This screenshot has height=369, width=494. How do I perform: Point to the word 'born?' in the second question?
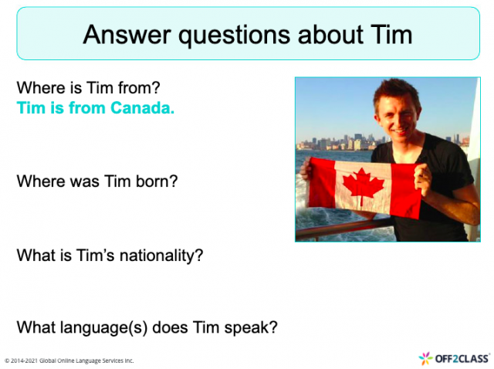click(x=157, y=182)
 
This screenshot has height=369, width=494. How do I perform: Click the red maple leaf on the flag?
click(x=363, y=185)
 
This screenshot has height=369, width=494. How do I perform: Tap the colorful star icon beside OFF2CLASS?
click(x=425, y=357)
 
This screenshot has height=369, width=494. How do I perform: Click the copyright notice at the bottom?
click(x=69, y=361)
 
